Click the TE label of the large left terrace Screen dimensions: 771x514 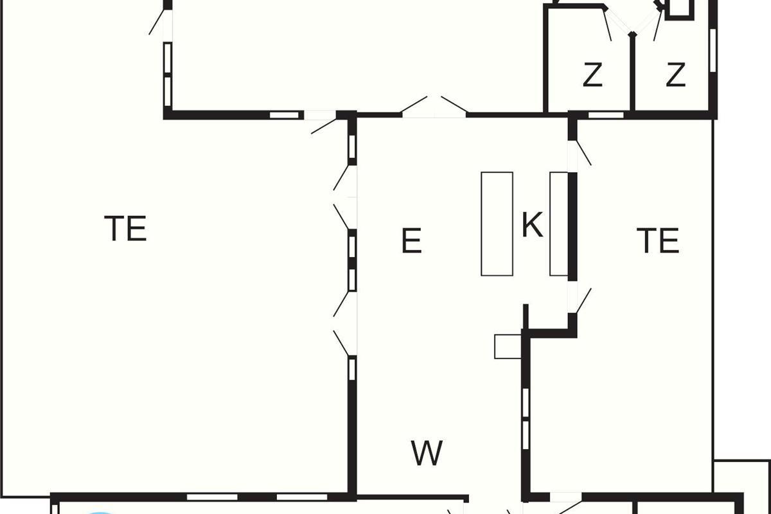point(126,228)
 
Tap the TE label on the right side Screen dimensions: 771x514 point(658,241)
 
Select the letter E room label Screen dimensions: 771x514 point(412,241)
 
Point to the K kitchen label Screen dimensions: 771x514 point(533,225)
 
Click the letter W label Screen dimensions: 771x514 point(427,453)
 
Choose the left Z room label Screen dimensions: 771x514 point(592,75)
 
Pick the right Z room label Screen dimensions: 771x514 point(676,75)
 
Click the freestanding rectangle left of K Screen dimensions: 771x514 point(497,224)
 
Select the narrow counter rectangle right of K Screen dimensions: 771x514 point(558,224)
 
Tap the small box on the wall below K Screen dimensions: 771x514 point(508,346)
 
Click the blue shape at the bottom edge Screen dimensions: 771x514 point(100,513)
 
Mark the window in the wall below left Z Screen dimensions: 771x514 point(606,115)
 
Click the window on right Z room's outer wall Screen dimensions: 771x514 point(713,51)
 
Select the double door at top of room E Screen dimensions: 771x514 point(434,108)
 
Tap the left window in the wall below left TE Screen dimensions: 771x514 point(212,497)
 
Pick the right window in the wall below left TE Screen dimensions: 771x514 point(302,497)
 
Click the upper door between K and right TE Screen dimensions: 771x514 point(580,153)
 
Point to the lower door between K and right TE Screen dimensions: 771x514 point(580,301)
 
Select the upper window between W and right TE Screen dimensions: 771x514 point(526,403)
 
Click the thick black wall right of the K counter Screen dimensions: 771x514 point(572,227)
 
